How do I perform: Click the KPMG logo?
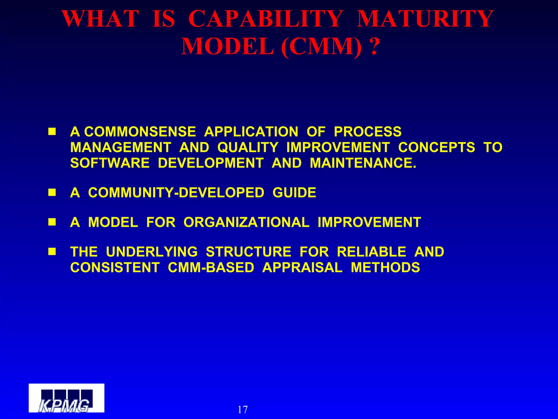[66, 398]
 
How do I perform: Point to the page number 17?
[242, 409]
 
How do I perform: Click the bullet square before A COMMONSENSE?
[52, 132]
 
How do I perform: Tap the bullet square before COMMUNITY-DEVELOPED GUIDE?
[52, 193]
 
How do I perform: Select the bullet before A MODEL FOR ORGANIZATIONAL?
[52, 222]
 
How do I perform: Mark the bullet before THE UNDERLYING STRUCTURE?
[52, 252]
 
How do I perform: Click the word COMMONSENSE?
[140, 132]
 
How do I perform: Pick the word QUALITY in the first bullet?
[247, 148]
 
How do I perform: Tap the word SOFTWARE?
[110, 163]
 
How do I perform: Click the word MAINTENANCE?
[363, 163]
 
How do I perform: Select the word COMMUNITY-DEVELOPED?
[176, 193]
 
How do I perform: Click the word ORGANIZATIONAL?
[246, 222]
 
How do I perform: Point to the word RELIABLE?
[371, 252]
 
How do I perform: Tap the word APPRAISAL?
[302, 267]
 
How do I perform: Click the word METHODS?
[385, 267]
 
